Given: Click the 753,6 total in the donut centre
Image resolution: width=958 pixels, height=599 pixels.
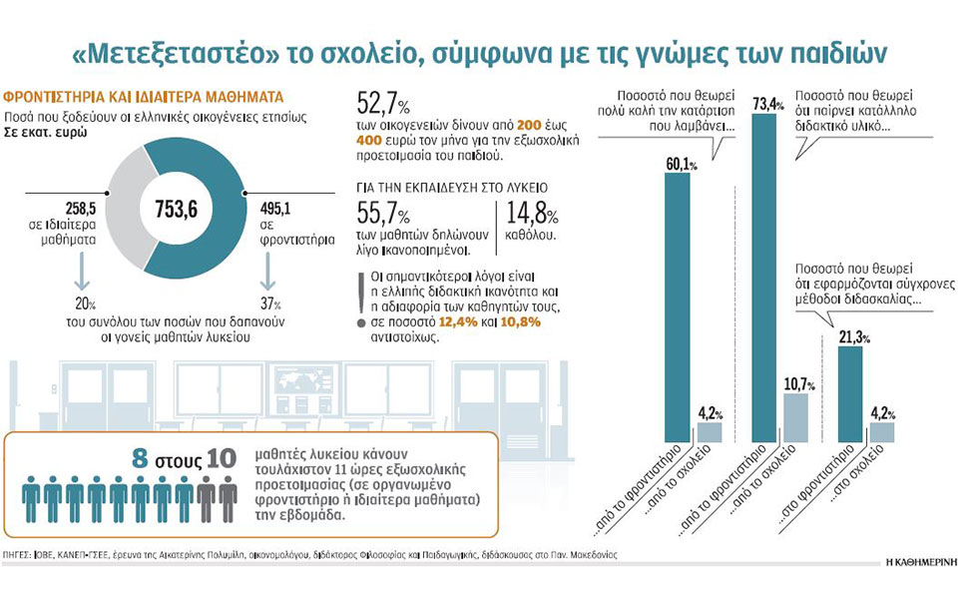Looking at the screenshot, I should pyautogui.click(x=175, y=210).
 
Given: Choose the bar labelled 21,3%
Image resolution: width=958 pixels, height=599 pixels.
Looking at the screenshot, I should pyautogui.click(x=850, y=394).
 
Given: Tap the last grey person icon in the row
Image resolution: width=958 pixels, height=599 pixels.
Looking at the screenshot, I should pyautogui.click(x=229, y=498).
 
